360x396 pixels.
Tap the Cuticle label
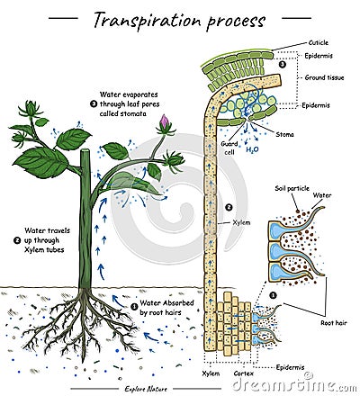tap(319, 41)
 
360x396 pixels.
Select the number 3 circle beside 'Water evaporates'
tap(93, 103)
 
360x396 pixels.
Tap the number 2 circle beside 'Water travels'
tap(17, 241)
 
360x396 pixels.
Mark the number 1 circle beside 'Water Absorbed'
tap(134, 306)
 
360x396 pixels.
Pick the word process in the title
tap(235, 20)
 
